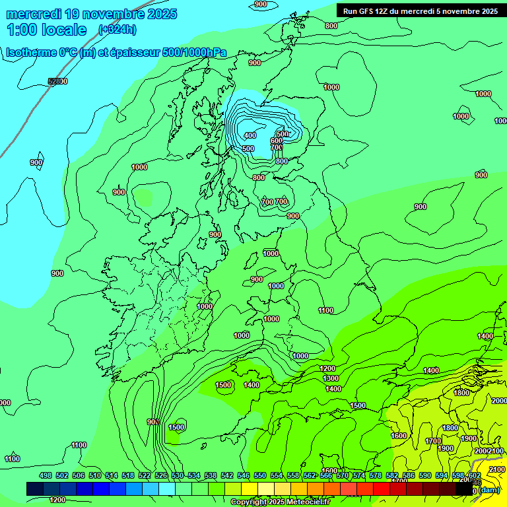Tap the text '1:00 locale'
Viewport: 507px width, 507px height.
coord(46,30)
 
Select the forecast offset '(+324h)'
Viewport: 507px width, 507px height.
coord(118,29)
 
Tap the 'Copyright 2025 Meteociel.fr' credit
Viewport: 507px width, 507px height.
coord(280,502)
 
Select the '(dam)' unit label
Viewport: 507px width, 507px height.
coord(489,489)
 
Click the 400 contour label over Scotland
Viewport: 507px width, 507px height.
coord(250,135)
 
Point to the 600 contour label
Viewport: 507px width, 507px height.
coord(277,141)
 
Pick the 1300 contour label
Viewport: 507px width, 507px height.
coord(331,378)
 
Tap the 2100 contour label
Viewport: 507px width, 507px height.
coord(496,451)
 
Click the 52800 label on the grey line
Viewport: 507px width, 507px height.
coord(57,81)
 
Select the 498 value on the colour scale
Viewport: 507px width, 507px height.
coord(46,475)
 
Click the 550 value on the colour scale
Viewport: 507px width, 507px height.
coord(259,475)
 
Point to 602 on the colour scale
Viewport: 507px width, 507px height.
coord(474,475)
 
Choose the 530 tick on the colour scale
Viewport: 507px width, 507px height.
coord(178,475)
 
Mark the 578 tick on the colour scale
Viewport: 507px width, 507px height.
coord(376,475)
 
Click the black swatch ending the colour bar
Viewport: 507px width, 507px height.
coord(465,489)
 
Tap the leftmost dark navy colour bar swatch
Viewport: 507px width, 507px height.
coord(35,489)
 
